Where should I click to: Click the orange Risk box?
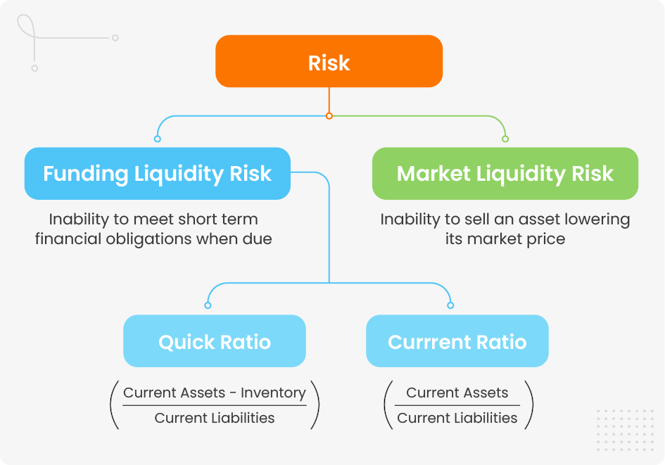[329, 62]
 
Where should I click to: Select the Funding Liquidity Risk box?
[157, 174]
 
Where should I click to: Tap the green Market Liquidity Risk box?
[505, 174]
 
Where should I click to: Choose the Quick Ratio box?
[215, 342]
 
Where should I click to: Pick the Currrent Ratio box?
[457, 342]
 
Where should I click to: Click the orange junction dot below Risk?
[329, 115]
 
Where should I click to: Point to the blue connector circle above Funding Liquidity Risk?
[157, 139]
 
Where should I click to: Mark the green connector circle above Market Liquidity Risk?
[505, 139]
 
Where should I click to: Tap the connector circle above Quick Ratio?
[208, 305]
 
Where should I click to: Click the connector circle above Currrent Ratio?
[450, 305]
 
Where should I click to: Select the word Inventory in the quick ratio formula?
[273, 393]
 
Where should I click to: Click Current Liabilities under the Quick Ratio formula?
[215, 418]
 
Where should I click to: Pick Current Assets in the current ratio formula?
[457, 393]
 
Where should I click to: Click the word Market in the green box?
[433, 174]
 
